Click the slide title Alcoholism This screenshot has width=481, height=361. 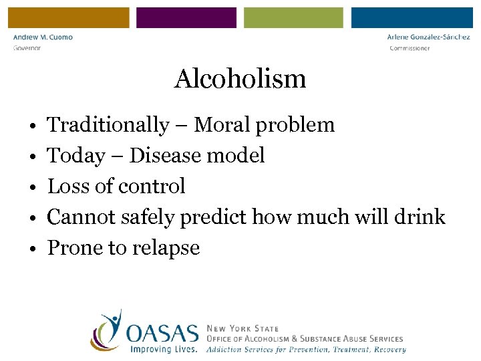pos(240,79)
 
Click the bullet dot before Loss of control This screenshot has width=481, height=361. pos(32,187)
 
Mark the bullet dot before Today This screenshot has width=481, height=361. pos(32,156)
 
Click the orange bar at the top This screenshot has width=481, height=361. pos(69,18)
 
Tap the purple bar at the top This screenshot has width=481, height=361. pos(186,18)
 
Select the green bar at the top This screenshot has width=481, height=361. pos(293,18)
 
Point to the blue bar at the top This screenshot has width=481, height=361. pos(412,18)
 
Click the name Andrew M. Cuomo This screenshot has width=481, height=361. pos(43,37)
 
